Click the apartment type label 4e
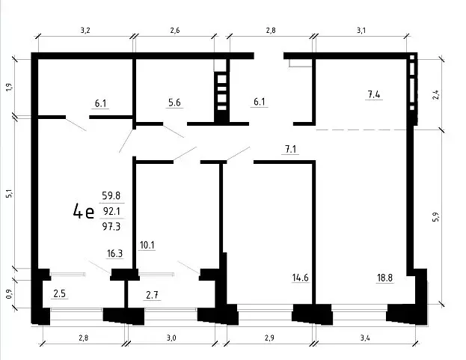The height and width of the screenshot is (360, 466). pyautogui.click(x=84, y=211)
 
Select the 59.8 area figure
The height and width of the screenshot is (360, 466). pyautogui.click(x=111, y=195)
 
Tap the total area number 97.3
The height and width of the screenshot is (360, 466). pyautogui.click(x=111, y=227)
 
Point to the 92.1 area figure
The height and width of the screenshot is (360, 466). pyautogui.click(x=111, y=211)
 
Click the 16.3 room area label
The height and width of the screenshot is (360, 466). pyautogui.click(x=114, y=254)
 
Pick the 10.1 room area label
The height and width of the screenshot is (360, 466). pyautogui.click(x=147, y=245)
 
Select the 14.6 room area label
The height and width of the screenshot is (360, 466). pyautogui.click(x=300, y=278)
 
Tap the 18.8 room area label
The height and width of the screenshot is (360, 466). pyautogui.click(x=385, y=278)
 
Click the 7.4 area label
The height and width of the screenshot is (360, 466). pyautogui.click(x=374, y=94)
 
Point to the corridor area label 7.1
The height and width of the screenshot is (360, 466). pyautogui.click(x=291, y=149)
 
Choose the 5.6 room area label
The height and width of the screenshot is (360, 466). pyautogui.click(x=174, y=103)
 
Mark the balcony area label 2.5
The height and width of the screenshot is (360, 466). pyautogui.click(x=59, y=293)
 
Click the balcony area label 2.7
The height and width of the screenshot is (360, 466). pyautogui.click(x=152, y=295)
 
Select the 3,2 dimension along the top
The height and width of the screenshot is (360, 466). pyautogui.click(x=85, y=31)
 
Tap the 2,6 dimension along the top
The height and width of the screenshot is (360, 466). pyautogui.click(x=175, y=31)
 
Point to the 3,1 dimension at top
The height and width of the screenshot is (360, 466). pyautogui.click(x=361, y=31)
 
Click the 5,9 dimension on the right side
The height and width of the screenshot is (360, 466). pyautogui.click(x=436, y=217)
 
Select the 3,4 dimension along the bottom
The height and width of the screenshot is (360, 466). pyautogui.click(x=365, y=338)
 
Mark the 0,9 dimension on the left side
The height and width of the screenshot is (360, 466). pyautogui.click(x=10, y=294)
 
